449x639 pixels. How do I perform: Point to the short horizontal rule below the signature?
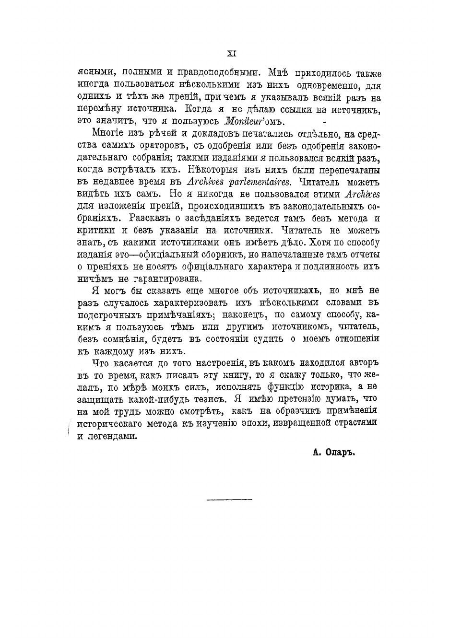pyautogui.click(x=229, y=500)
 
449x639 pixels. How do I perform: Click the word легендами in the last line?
pyautogui.click(x=114, y=436)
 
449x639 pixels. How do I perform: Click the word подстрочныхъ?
pyautogui.click(x=111, y=315)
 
